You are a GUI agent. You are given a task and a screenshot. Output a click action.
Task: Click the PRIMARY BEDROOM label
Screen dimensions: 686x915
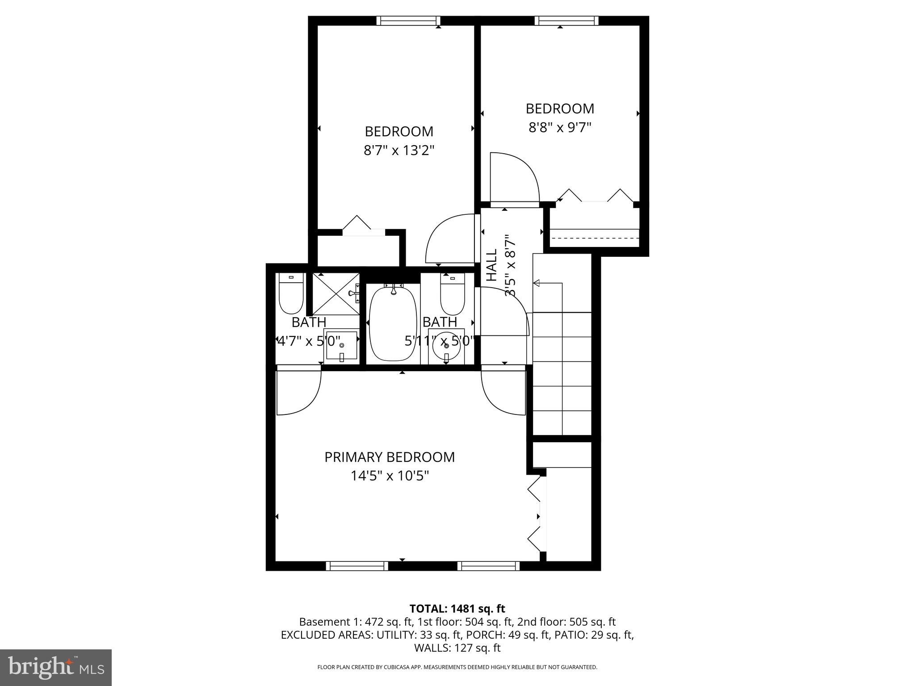(x=389, y=457)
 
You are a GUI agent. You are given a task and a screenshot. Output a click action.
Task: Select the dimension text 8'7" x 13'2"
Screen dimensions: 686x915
(x=399, y=151)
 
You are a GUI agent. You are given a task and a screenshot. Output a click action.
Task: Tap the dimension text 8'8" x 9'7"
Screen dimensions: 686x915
(x=560, y=128)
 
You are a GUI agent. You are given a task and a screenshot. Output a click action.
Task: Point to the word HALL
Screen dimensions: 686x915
(x=491, y=265)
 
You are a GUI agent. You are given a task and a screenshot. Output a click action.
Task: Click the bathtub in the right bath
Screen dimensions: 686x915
(x=393, y=324)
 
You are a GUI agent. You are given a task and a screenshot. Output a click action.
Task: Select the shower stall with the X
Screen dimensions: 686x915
(x=336, y=293)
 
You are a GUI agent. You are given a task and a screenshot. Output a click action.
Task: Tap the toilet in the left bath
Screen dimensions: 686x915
(x=291, y=294)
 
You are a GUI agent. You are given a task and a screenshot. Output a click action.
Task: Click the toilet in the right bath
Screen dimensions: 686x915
(x=453, y=294)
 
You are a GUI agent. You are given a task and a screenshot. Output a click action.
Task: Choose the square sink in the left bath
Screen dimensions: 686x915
(x=342, y=346)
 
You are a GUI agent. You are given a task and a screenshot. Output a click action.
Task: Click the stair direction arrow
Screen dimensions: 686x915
(x=537, y=283)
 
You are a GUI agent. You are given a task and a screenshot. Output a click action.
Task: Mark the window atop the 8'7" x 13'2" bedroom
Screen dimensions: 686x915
(x=408, y=21)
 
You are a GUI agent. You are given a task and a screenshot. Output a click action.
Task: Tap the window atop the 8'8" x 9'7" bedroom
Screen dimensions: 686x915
(x=567, y=21)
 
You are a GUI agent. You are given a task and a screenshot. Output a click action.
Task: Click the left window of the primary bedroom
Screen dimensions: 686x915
(x=357, y=566)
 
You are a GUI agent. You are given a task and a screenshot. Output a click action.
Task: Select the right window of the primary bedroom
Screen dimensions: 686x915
(x=489, y=566)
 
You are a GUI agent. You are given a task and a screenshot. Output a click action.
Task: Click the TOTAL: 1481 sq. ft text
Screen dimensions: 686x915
(x=457, y=609)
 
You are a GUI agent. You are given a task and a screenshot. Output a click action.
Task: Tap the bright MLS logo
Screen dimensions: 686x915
(x=56, y=667)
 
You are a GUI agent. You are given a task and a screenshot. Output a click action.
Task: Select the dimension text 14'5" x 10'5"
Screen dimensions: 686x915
(x=390, y=476)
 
